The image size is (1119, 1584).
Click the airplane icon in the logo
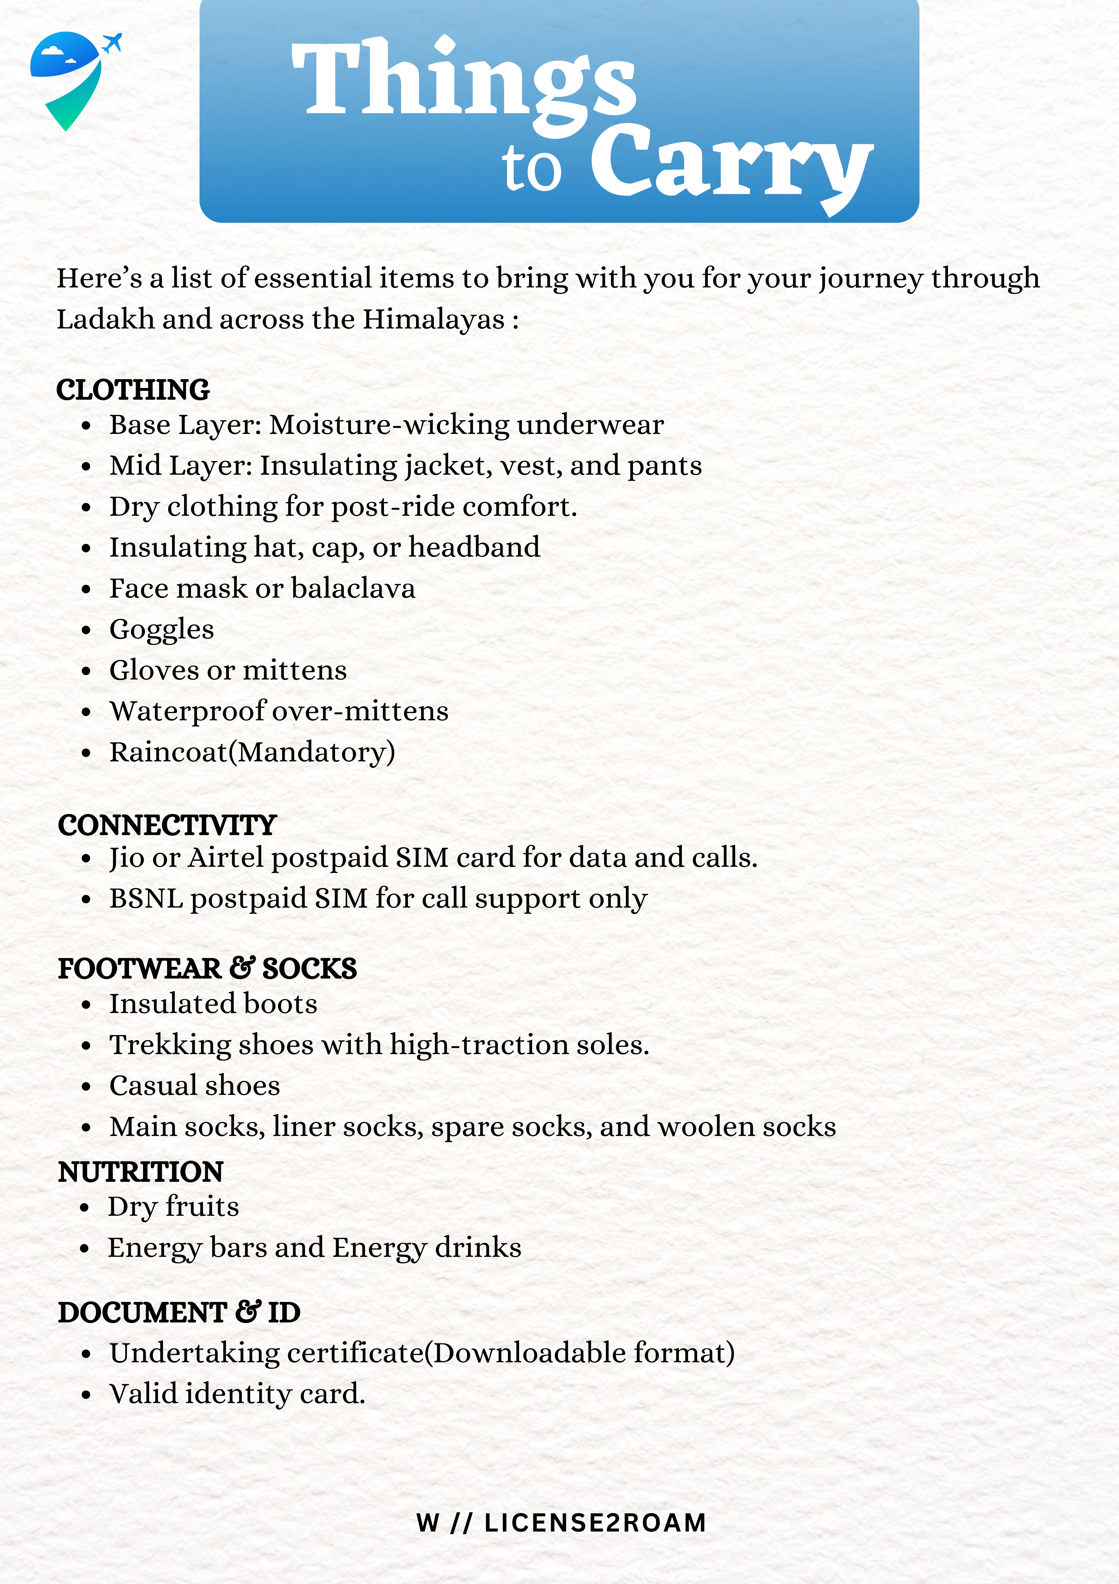click(112, 43)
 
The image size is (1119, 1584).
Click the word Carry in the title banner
click(731, 165)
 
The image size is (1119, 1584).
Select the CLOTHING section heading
click(133, 390)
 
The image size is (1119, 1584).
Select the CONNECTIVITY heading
click(167, 825)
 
